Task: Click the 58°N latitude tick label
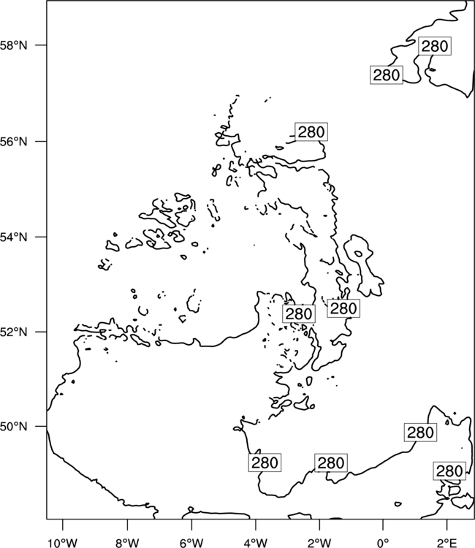(x=13, y=45)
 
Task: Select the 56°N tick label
(x=13, y=142)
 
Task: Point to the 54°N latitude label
(x=13, y=237)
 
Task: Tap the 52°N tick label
(x=13, y=332)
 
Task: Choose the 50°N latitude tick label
(x=13, y=427)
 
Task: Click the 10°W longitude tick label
(x=63, y=543)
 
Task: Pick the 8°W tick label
(x=127, y=543)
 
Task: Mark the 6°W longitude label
(x=191, y=543)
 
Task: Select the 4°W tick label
(x=256, y=543)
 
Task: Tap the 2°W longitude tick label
(x=319, y=543)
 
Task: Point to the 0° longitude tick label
(x=383, y=543)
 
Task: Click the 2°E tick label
(x=447, y=543)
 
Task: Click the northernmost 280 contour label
(x=435, y=46)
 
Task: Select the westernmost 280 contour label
(x=265, y=463)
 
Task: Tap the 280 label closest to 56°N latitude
(x=311, y=132)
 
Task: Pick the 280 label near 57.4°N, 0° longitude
(x=387, y=75)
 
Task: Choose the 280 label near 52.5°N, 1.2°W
(x=343, y=308)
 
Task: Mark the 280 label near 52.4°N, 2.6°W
(x=299, y=313)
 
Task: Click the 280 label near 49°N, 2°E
(x=449, y=471)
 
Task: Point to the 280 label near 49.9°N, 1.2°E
(x=420, y=433)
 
